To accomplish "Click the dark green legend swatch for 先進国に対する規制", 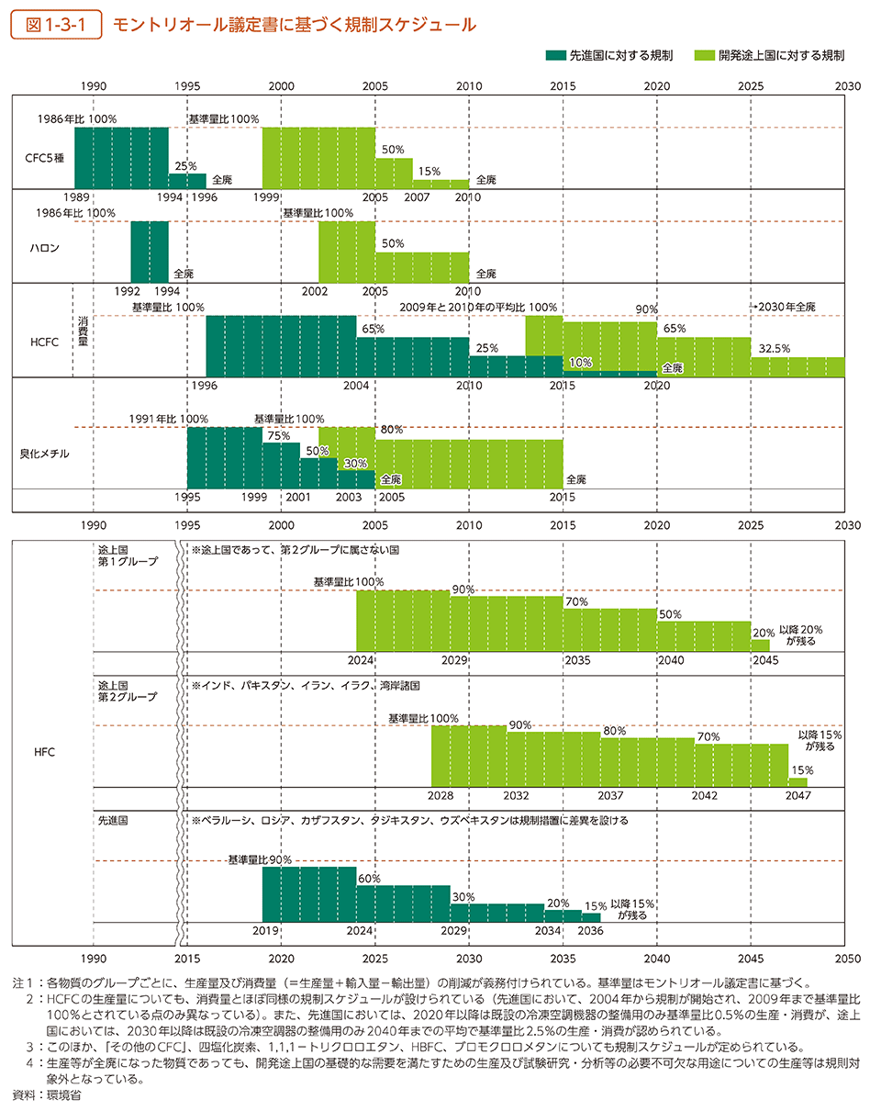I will point(556,56).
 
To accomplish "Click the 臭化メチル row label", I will point(45,454).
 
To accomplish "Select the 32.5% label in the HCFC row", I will point(774,349).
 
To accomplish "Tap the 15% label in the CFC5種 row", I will point(427,172).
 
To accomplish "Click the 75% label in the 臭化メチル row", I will point(276,436).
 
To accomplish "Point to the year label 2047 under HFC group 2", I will point(797,795).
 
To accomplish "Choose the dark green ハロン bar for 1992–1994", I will point(149,252).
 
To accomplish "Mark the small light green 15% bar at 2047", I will point(797,781).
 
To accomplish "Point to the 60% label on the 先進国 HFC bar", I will point(369,879).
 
